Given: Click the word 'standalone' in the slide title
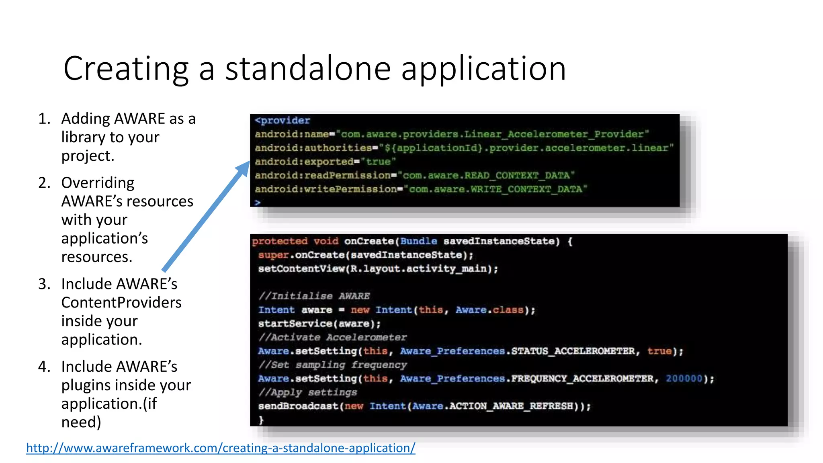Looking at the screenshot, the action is click(x=308, y=69).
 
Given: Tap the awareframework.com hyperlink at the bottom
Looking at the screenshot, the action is click(x=221, y=448).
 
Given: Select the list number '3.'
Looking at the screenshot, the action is click(x=44, y=284).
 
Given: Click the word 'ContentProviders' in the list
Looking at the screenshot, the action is click(x=121, y=303).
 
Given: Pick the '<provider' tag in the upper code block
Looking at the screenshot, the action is click(x=283, y=120).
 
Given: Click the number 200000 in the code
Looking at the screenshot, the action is click(x=684, y=379).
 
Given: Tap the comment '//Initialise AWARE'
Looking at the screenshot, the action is click(x=314, y=296).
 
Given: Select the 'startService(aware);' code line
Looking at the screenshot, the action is click(x=319, y=324).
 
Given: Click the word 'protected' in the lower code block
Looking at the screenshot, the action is click(x=280, y=241).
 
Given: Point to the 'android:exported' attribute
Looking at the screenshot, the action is click(x=304, y=162).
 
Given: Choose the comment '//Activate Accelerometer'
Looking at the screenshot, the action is click(x=333, y=337).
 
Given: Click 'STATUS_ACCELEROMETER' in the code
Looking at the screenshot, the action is click(x=573, y=351).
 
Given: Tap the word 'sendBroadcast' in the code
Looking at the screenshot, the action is click(x=298, y=406).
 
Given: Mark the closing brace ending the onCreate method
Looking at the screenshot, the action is click(x=261, y=420).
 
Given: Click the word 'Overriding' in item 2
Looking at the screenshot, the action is click(x=98, y=183).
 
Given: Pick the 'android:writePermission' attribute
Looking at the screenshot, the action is click(x=326, y=189).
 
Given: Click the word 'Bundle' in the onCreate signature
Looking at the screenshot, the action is click(x=418, y=241).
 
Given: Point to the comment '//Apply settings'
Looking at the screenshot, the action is click(x=308, y=392).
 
